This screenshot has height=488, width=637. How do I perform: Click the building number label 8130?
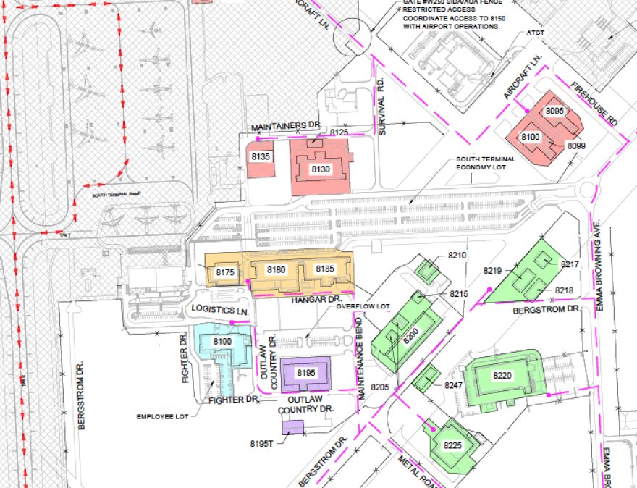coord(320,169)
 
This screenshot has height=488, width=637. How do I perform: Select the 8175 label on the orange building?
coord(225,272)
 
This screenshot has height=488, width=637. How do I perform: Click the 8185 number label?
coord(324,269)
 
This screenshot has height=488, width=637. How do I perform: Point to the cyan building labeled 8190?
coord(222,342)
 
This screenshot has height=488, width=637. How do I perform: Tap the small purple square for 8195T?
coord(292,426)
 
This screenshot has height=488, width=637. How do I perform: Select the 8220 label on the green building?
coord(502,376)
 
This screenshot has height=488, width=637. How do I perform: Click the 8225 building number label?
coord(452,445)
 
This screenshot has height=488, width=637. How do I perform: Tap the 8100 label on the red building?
coord(531,137)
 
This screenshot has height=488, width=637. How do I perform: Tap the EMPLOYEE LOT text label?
coord(160,417)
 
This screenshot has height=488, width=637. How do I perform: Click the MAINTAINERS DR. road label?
coord(285,127)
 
